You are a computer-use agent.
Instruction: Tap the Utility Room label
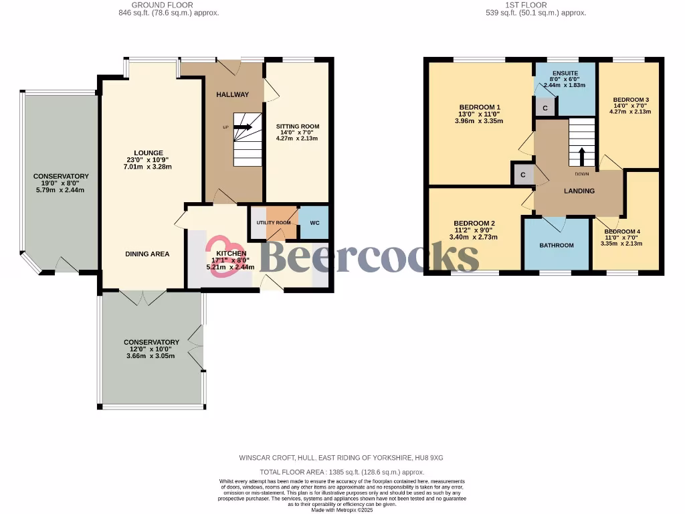pyautogui.click(x=274, y=222)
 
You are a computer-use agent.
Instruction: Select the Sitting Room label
pyautogui.click(x=298, y=126)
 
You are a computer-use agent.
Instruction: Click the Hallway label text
pyautogui.click(x=232, y=95)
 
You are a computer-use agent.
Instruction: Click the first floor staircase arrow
pyautogui.click(x=581, y=156)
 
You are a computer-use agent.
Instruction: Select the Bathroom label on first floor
pyautogui.click(x=557, y=245)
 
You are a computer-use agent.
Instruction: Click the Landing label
pyautogui.click(x=579, y=191)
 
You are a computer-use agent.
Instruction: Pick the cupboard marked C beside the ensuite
pyautogui.click(x=545, y=108)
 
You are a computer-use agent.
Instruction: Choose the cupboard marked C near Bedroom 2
pyautogui.click(x=522, y=175)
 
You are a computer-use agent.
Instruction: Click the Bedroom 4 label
pyautogui.click(x=621, y=232)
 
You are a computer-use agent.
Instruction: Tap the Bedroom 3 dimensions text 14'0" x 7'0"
pyautogui.click(x=631, y=106)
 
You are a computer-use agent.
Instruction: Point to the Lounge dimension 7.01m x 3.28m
pyautogui.click(x=147, y=167)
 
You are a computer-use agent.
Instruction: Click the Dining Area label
pyautogui.click(x=147, y=254)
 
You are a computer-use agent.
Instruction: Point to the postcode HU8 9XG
pyautogui.click(x=428, y=458)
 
